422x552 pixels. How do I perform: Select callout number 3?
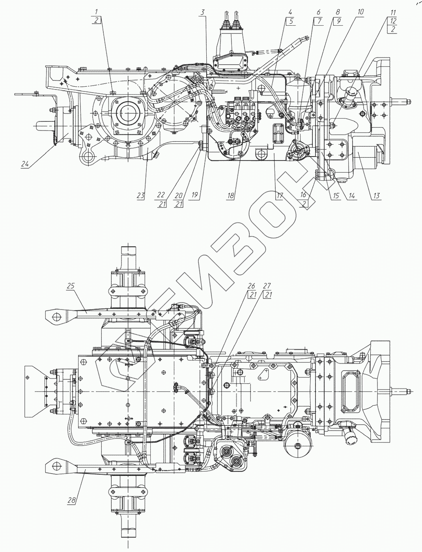click(x=202, y=12)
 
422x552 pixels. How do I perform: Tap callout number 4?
click(x=290, y=12)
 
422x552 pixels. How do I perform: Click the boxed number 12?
click(x=394, y=21)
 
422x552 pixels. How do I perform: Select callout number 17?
click(x=280, y=195)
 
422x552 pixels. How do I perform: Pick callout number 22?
click(x=160, y=194)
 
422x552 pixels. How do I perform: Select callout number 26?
click(x=251, y=285)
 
